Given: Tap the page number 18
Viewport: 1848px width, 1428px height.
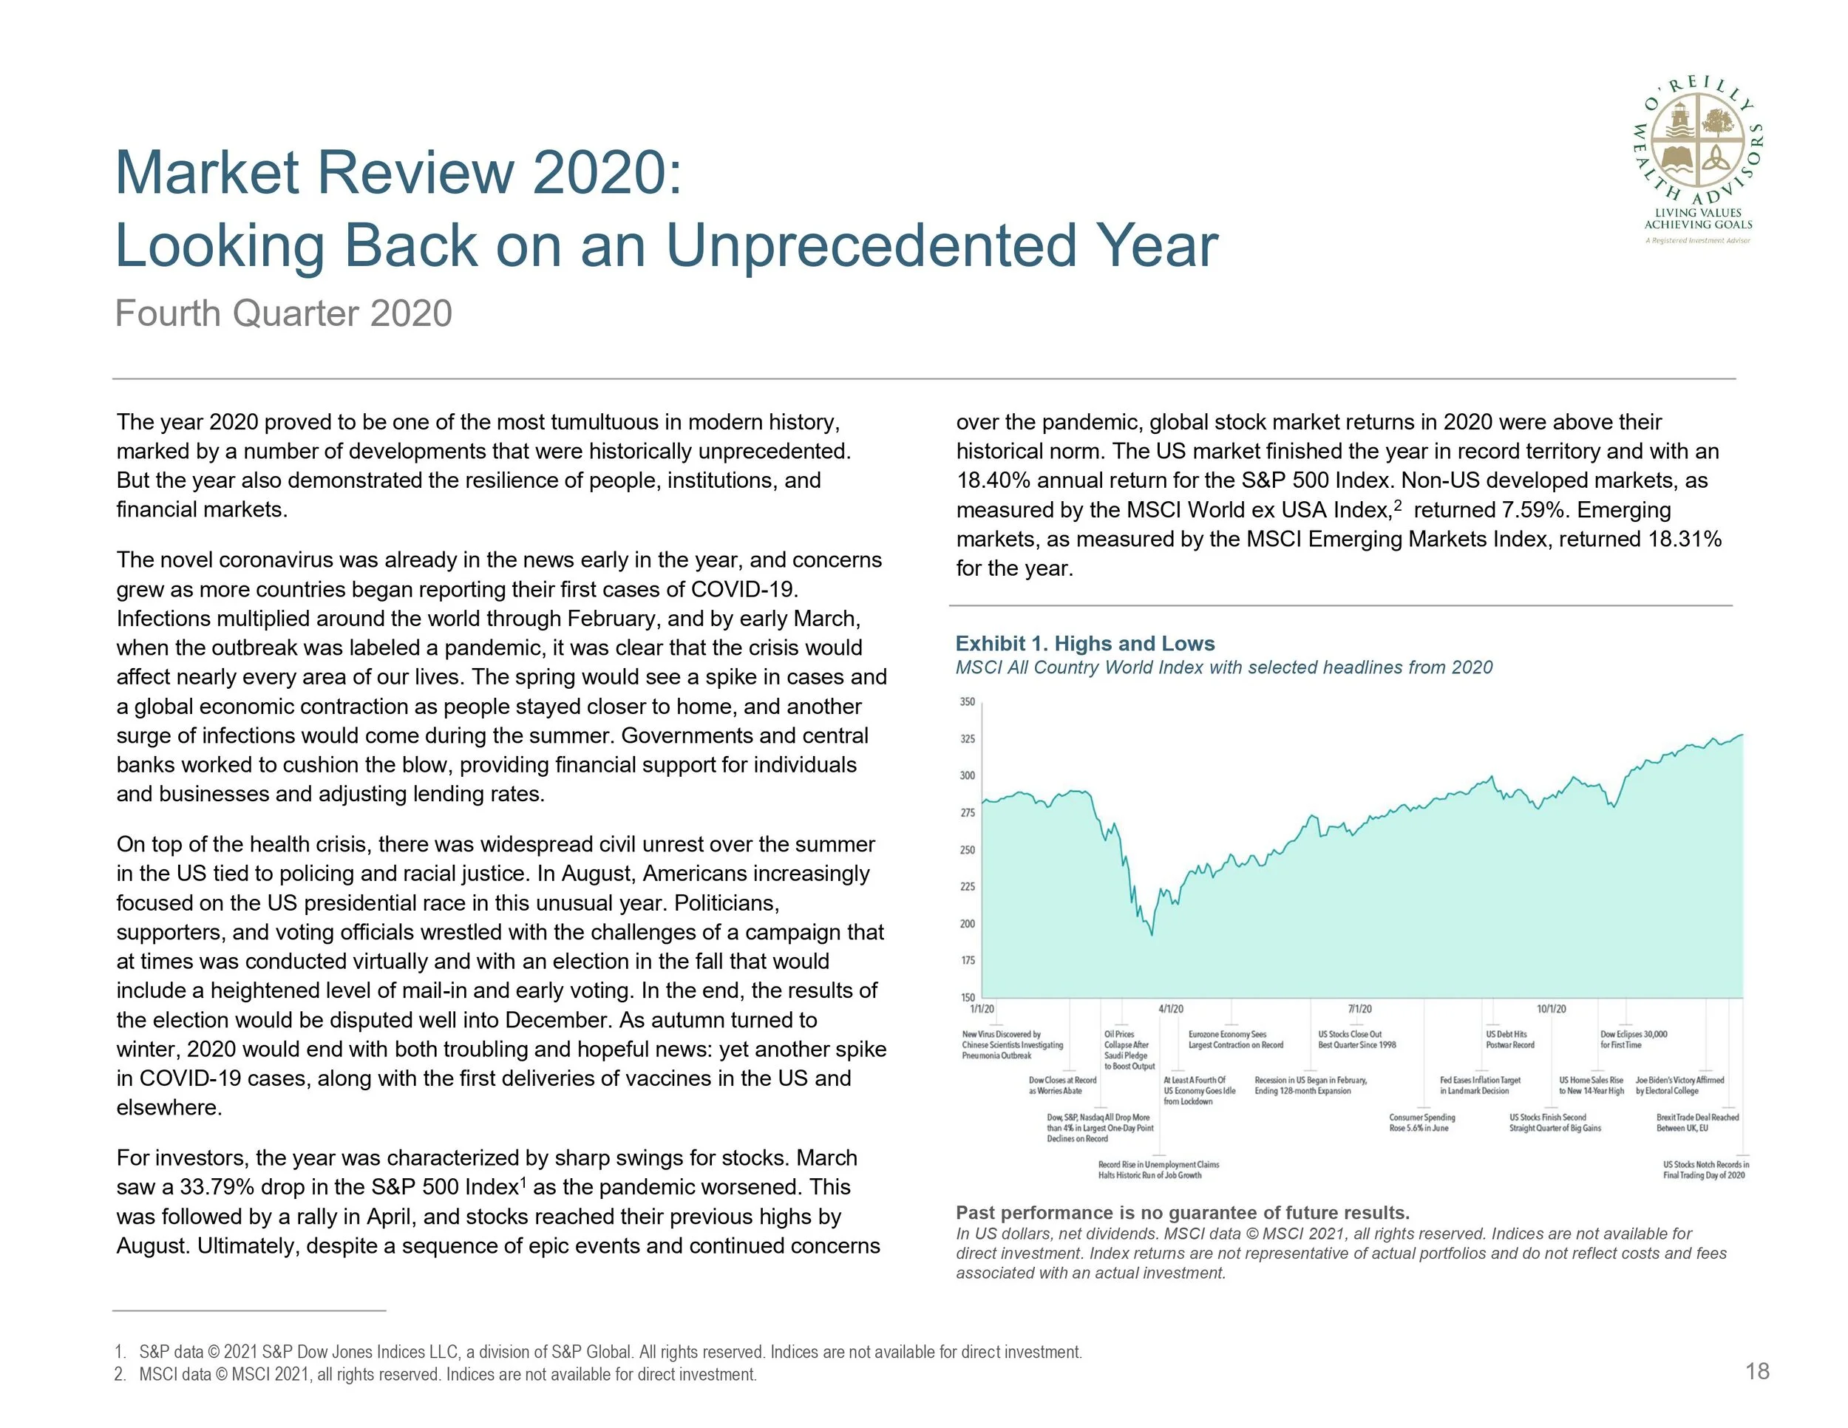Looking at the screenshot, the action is point(1758,1371).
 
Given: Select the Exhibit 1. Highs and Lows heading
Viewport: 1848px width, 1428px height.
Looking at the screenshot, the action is point(1084,644).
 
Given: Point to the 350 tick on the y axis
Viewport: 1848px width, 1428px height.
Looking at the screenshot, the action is point(967,702).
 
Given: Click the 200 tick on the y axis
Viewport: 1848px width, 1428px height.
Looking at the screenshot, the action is point(967,924).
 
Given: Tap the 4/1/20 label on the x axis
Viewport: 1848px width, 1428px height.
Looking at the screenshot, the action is point(1170,1009).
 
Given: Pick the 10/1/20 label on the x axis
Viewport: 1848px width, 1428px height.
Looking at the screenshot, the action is point(1551,1009).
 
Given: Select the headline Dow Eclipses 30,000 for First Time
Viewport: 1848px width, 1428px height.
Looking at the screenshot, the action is point(1633,1040).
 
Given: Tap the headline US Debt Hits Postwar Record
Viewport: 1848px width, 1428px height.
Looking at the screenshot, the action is point(1509,1040).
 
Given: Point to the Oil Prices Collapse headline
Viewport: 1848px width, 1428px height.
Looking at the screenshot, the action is point(1129,1050).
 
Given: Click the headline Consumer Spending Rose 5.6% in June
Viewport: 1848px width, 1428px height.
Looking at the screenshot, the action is point(1421,1123).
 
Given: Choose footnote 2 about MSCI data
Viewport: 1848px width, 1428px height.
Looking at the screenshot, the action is point(436,1375).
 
